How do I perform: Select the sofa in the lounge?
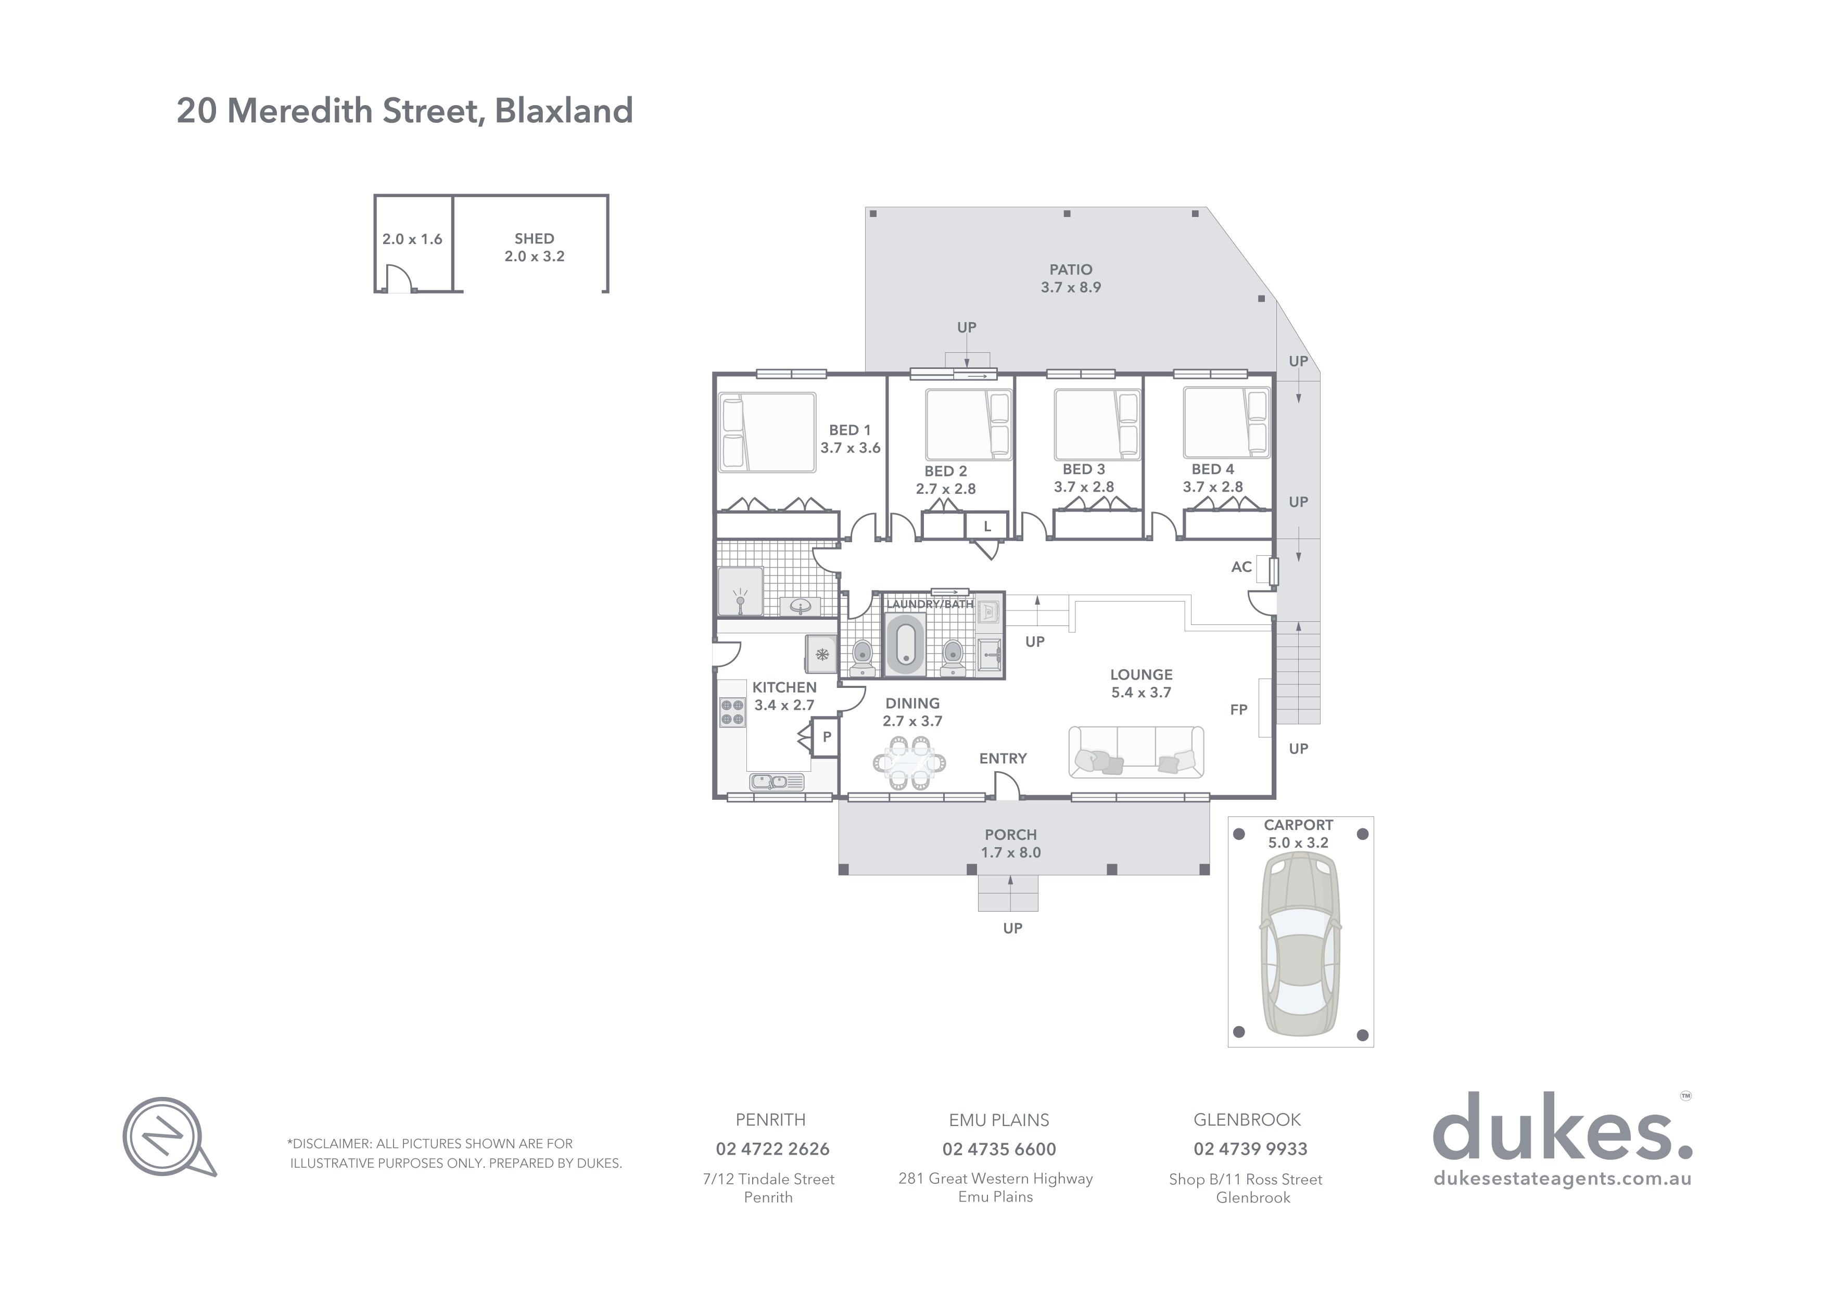(x=1136, y=752)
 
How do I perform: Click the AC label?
(x=1240, y=567)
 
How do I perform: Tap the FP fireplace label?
(x=1238, y=710)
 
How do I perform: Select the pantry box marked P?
(x=826, y=737)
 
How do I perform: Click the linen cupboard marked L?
(x=987, y=526)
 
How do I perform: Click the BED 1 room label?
(x=849, y=430)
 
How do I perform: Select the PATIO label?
(x=1071, y=270)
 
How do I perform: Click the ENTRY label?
(x=1003, y=758)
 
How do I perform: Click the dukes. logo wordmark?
(x=1562, y=1130)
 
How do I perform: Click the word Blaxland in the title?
(x=564, y=110)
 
